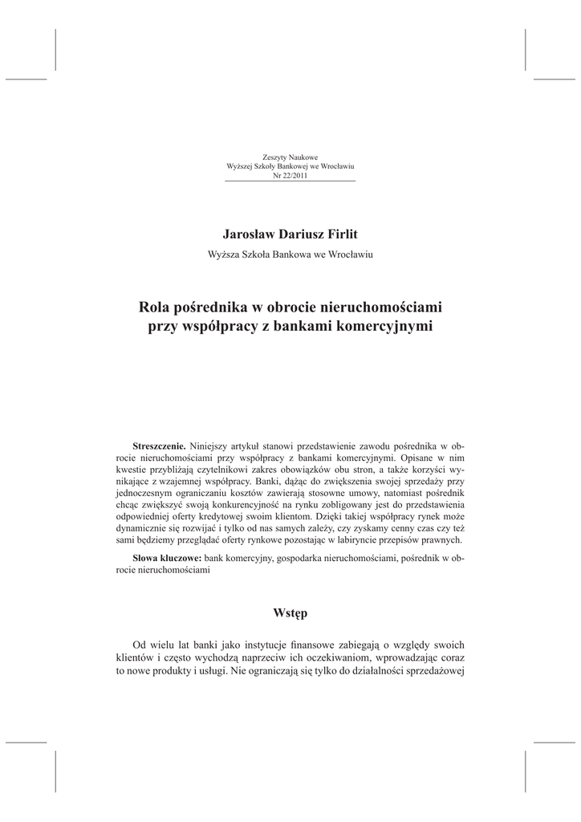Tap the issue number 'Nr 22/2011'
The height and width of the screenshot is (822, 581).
click(x=290, y=175)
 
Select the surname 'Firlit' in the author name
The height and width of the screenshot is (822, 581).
click(x=340, y=233)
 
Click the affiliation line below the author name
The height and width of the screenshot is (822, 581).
click(x=290, y=254)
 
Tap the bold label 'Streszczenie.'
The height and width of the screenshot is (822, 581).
click(x=159, y=446)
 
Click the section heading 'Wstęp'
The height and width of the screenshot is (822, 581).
click(x=290, y=613)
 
